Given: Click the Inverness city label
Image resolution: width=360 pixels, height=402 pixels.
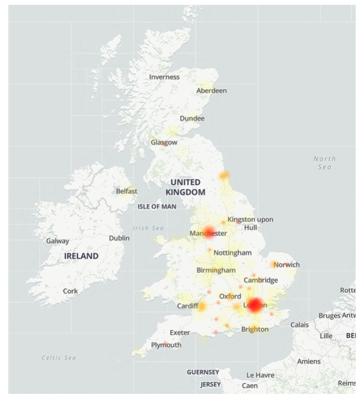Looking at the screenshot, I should [x=164, y=77].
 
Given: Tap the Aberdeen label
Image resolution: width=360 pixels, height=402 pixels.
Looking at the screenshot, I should [x=211, y=91].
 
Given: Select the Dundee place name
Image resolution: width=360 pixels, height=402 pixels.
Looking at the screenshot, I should [x=192, y=118].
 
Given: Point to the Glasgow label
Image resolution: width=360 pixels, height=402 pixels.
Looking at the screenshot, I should [x=164, y=143].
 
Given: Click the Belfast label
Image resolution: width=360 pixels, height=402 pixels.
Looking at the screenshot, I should [x=126, y=191].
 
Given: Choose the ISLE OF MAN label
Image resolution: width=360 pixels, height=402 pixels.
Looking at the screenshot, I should [x=157, y=207].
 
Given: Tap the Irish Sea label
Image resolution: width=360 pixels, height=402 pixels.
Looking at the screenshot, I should [x=148, y=228].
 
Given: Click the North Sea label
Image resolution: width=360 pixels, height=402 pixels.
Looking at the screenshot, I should [x=324, y=163].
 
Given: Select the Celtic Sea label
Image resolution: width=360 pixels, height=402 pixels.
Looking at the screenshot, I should [x=59, y=358].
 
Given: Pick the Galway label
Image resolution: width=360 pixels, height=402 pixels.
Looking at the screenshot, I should [x=57, y=241].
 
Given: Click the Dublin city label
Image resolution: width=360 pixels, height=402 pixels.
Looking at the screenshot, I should [x=119, y=238].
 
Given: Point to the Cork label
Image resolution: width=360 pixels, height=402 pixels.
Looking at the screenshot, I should [x=70, y=291].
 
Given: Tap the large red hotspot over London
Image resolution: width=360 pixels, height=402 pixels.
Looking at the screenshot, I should [x=255, y=305].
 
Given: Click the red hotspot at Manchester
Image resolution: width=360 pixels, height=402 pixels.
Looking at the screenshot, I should [x=209, y=232].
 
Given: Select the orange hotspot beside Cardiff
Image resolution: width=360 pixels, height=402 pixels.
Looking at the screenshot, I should [x=202, y=307].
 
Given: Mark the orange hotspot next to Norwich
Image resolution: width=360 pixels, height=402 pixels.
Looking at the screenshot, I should [x=275, y=264].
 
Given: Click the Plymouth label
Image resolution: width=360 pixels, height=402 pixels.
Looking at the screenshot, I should [x=166, y=345].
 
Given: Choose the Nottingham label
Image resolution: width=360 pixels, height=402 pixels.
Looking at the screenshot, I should [x=232, y=253].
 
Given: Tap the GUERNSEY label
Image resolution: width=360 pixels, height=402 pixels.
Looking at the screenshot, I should [x=203, y=372].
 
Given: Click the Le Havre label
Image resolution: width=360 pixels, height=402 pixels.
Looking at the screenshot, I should [x=260, y=375].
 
